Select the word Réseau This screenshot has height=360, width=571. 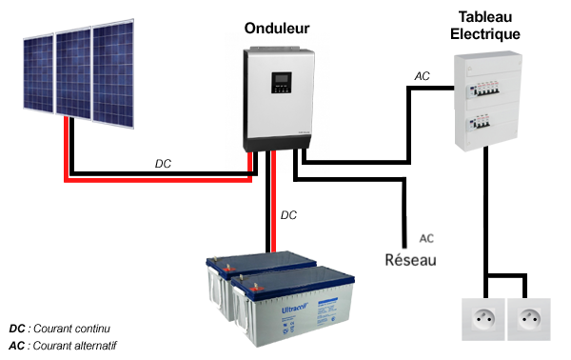[410, 259]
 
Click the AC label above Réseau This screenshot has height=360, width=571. [426, 238]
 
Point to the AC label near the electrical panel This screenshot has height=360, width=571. [423, 75]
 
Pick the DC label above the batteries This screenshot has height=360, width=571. [289, 215]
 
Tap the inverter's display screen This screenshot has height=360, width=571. [281, 82]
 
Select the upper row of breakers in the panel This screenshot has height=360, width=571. [487, 89]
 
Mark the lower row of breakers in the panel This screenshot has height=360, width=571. [487, 124]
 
